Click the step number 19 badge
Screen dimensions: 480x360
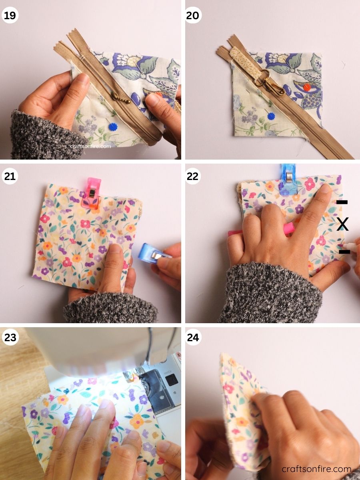pyautogui.click(x=10, y=16)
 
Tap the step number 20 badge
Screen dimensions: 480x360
pyautogui.click(x=193, y=16)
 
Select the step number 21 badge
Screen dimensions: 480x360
pyautogui.click(x=10, y=176)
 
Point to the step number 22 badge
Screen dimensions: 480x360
pyautogui.click(x=193, y=176)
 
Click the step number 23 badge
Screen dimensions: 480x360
pyautogui.click(x=10, y=337)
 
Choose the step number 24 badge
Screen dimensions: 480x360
pyautogui.click(x=193, y=337)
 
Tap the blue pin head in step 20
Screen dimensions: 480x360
pyautogui.click(x=272, y=116)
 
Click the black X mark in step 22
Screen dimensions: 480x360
pyautogui.click(x=342, y=225)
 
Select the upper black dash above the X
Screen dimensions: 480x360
pyautogui.click(x=342, y=202)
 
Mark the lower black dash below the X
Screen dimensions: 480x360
pyautogui.click(x=344, y=252)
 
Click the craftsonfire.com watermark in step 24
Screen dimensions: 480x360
pyautogui.click(x=316, y=469)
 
